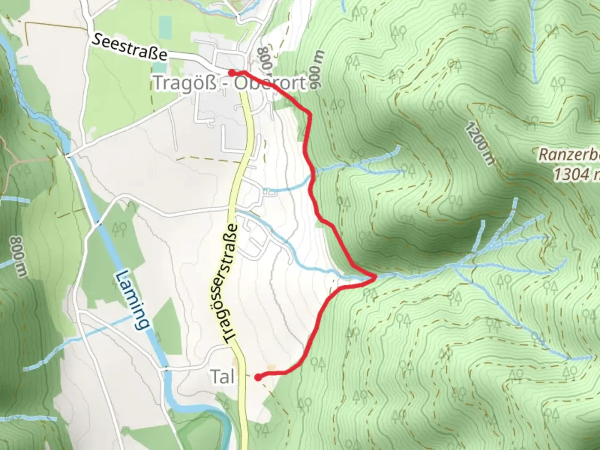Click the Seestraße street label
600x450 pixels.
point(130,47)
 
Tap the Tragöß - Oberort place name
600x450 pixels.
point(230,83)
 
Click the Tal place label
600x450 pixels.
point(222,377)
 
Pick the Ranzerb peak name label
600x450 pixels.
point(569,155)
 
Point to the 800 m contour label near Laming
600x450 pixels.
point(18,256)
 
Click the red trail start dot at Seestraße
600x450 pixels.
point(231,72)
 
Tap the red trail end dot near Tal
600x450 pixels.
point(258,377)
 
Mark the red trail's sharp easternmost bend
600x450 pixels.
point(375,276)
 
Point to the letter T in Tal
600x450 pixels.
point(215,377)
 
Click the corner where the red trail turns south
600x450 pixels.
point(309,113)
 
